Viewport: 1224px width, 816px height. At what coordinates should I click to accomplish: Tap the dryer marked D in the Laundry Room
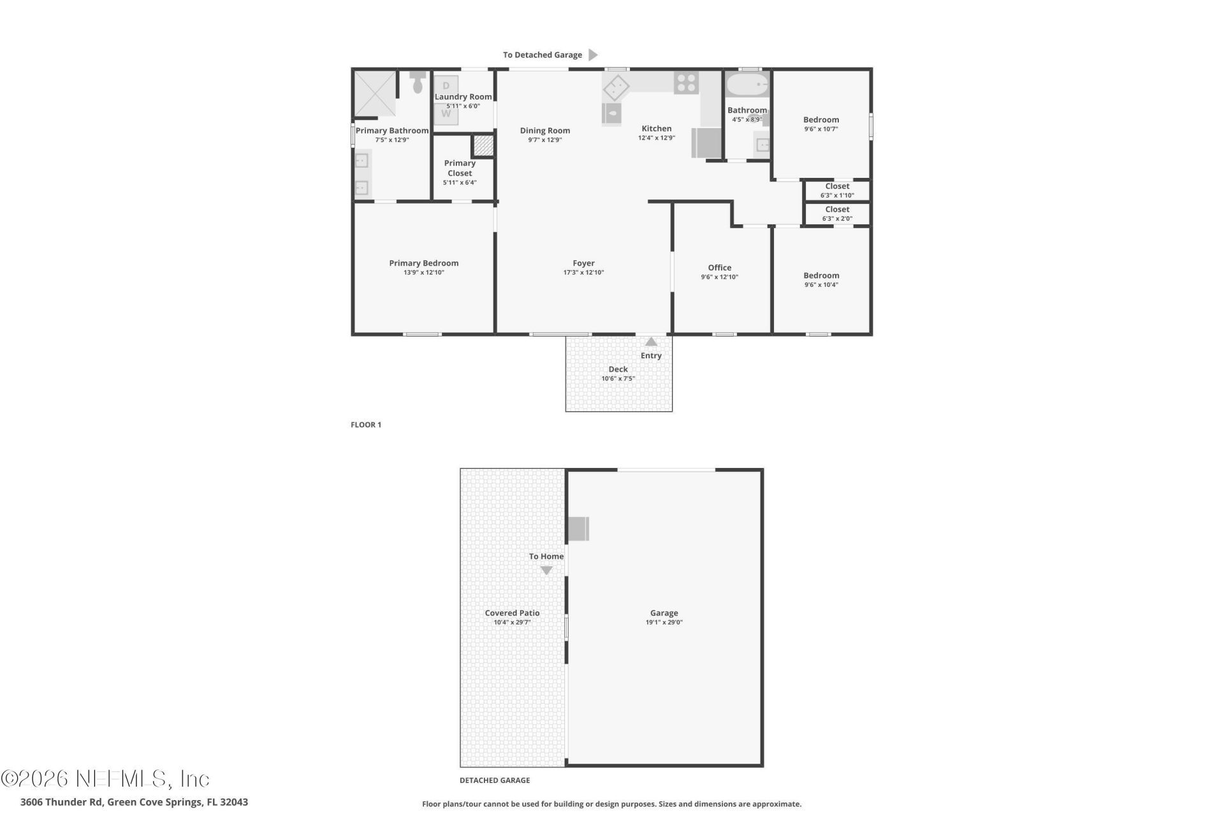(x=446, y=85)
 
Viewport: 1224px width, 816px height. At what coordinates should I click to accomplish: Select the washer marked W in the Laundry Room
(x=446, y=114)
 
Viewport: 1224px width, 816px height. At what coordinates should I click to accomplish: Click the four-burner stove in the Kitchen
(x=687, y=82)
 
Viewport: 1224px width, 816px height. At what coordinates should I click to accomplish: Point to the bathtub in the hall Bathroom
(x=748, y=84)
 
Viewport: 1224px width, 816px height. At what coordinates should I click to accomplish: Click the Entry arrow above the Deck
(x=651, y=342)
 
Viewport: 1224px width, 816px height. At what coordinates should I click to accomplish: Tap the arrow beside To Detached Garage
(x=593, y=55)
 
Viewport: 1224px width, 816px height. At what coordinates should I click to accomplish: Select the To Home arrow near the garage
(x=546, y=571)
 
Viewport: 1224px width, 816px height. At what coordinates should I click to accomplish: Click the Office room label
(x=719, y=268)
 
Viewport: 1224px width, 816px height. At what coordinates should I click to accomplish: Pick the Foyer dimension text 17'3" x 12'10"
(x=583, y=272)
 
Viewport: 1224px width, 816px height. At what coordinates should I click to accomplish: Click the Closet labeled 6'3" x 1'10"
(x=837, y=191)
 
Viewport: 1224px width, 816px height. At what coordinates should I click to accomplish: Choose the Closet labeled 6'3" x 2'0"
(x=837, y=214)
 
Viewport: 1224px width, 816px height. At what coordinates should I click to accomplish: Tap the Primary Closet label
(x=460, y=168)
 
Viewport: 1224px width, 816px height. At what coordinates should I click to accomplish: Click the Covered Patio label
(x=512, y=613)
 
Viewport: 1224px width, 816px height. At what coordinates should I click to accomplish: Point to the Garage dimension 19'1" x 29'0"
(x=664, y=622)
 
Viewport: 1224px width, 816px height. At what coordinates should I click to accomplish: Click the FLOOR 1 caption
(x=366, y=425)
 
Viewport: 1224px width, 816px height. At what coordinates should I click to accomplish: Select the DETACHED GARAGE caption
(x=495, y=780)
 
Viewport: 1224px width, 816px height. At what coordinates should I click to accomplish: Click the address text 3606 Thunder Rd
(x=61, y=802)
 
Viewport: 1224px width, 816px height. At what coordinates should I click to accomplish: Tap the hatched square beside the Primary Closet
(x=483, y=146)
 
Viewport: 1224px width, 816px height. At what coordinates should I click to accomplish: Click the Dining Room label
(x=544, y=131)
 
